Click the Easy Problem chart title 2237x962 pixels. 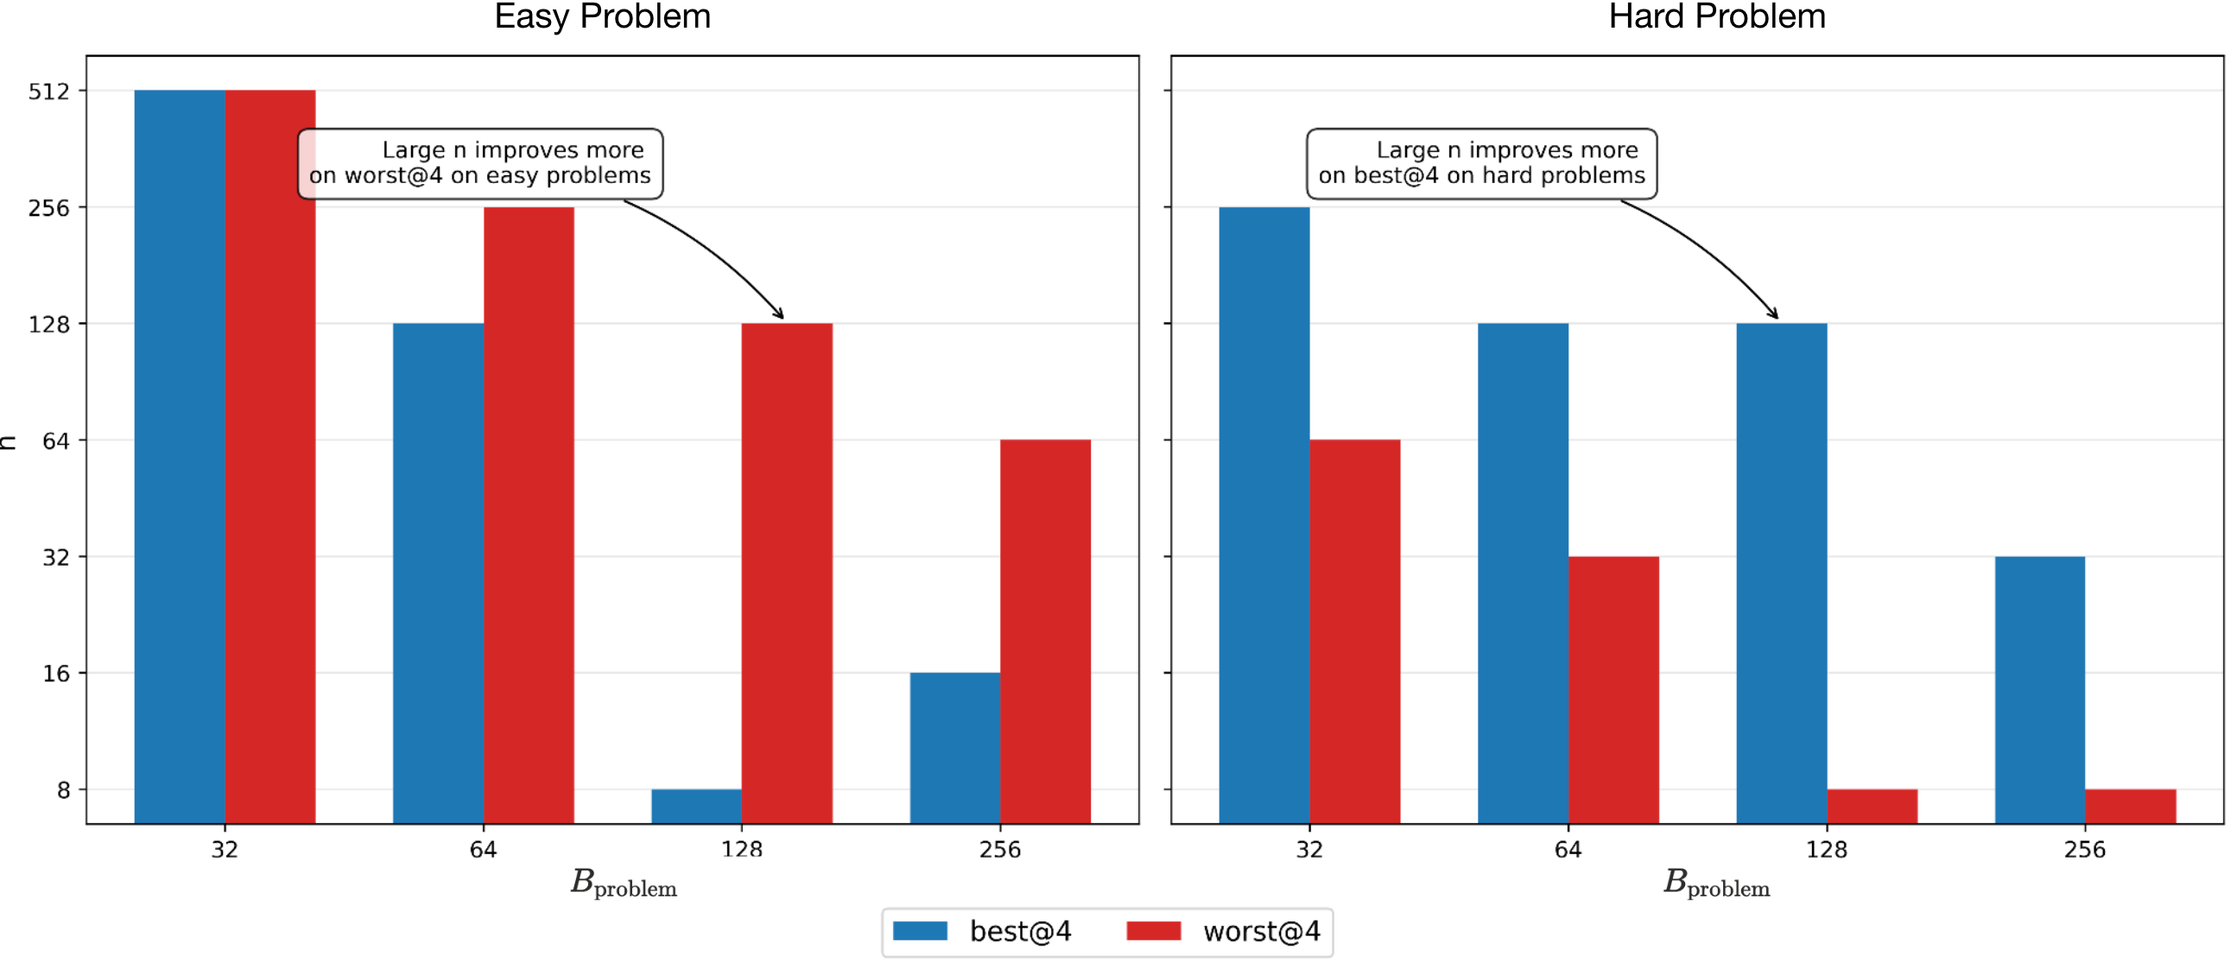click(x=602, y=16)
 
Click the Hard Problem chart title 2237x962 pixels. click(x=1716, y=16)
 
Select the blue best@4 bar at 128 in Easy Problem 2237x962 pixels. click(x=696, y=805)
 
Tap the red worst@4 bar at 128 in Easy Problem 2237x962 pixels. click(x=787, y=573)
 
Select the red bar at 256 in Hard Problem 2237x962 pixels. click(x=2129, y=805)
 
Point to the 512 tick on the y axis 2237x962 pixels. click(x=48, y=92)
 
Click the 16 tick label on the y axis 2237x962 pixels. click(x=55, y=673)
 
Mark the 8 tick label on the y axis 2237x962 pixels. click(x=63, y=790)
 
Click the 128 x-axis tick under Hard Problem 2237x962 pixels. click(x=1826, y=849)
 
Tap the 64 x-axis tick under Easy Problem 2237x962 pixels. click(x=483, y=849)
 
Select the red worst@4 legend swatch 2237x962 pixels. click(x=1152, y=932)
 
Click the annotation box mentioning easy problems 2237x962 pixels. click(x=480, y=163)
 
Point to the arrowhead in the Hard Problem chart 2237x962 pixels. click(x=1774, y=314)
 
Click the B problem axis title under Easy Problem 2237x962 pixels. click(x=623, y=883)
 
